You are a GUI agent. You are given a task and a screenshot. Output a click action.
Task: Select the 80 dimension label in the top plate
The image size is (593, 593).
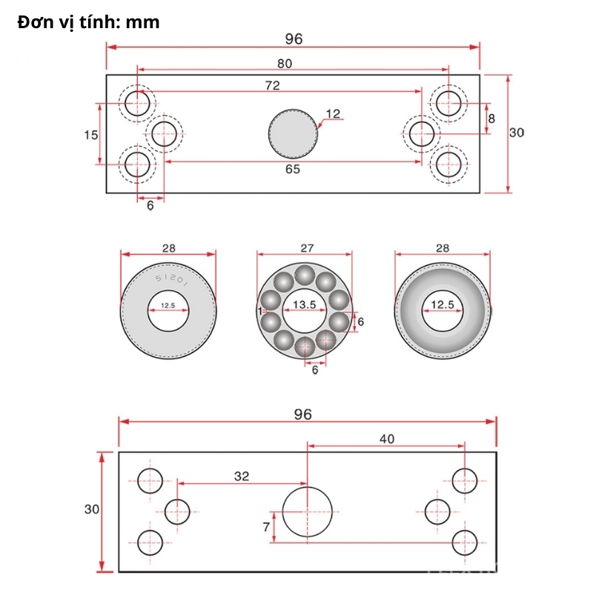pyautogui.click(x=285, y=64)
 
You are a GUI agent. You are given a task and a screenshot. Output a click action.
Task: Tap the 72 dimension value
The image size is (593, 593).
pyautogui.click(x=272, y=85)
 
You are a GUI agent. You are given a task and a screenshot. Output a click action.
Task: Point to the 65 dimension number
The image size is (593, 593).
pyautogui.click(x=293, y=170)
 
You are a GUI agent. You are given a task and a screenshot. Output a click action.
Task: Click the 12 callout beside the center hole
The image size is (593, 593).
pyautogui.click(x=333, y=113)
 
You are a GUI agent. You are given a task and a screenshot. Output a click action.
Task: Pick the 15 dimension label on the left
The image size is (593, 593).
pyautogui.click(x=90, y=134)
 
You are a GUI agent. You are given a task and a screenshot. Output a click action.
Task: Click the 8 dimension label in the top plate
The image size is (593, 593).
pyautogui.click(x=491, y=118)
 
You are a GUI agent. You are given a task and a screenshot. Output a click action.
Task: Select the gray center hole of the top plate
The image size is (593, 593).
pyautogui.click(x=292, y=134)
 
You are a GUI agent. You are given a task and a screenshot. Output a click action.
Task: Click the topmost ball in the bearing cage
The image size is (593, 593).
pyautogui.click(x=304, y=275)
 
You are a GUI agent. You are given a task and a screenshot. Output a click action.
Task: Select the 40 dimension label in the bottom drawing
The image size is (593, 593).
pyautogui.click(x=387, y=439)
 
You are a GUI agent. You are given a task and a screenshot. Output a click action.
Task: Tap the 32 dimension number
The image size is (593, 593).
pyautogui.click(x=242, y=477)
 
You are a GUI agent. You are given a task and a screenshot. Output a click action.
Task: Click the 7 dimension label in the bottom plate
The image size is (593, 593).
pyautogui.click(x=266, y=527)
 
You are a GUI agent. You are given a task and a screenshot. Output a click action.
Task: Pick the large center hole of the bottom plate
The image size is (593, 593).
pyautogui.click(x=307, y=511)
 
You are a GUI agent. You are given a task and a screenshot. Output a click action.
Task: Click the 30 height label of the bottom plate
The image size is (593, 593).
pyautogui.click(x=92, y=509)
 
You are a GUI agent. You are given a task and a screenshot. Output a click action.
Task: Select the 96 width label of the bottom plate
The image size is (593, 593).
pyautogui.click(x=302, y=414)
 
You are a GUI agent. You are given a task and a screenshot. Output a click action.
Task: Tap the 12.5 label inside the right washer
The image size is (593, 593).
pyautogui.click(x=443, y=305)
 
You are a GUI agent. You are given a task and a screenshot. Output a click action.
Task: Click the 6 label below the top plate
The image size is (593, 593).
pyautogui.click(x=150, y=205)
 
